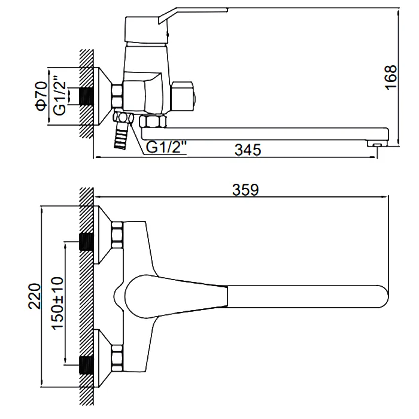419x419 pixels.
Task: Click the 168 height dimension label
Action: (391, 77)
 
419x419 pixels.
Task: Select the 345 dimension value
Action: (248, 150)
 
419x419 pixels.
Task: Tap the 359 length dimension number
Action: (245, 190)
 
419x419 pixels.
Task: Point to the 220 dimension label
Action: (35, 296)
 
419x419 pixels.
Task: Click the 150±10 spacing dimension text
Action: (57, 303)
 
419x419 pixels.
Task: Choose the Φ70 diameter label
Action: (41, 96)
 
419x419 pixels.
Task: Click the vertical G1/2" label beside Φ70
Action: (59, 96)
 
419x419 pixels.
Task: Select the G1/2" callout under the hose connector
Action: (166, 147)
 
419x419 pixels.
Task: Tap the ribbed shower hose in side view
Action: (122, 136)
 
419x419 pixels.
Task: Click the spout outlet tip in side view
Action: (377, 144)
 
